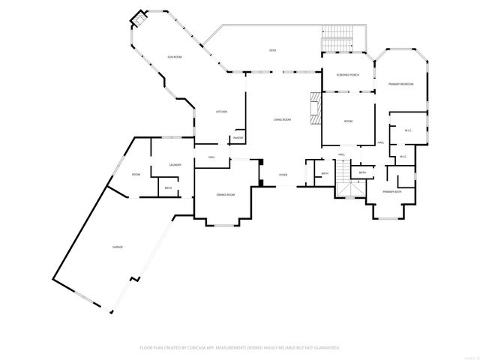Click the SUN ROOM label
pyautogui.click(x=174, y=57)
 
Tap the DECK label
pyautogui.click(x=274, y=50)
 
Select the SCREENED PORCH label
pyautogui.click(x=348, y=75)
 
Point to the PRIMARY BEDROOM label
pyautogui.click(x=401, y=84)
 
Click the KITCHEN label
pyautogui.click(x=221, y=112)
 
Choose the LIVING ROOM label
pyautogui.click(x=282, y=119)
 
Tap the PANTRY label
pyautogui.click(x=238, y=138)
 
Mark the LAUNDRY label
pyautogui.click(x=175, y=165)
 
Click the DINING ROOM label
pyautogui.click(x=226, y=195)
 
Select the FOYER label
pyautogui.click(x=283, y=175)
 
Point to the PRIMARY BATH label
pyautogui.click(x=392, y=192)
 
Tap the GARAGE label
pyautogui.click(x=118, y=247)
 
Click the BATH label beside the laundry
pyautogui.click(x=168, y=188)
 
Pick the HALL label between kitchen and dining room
pyautogui.click(x=211, y=157)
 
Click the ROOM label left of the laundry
pyautogui.click(x=136, y=175)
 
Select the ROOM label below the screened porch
pyautogui.click(x=348, y=121)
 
